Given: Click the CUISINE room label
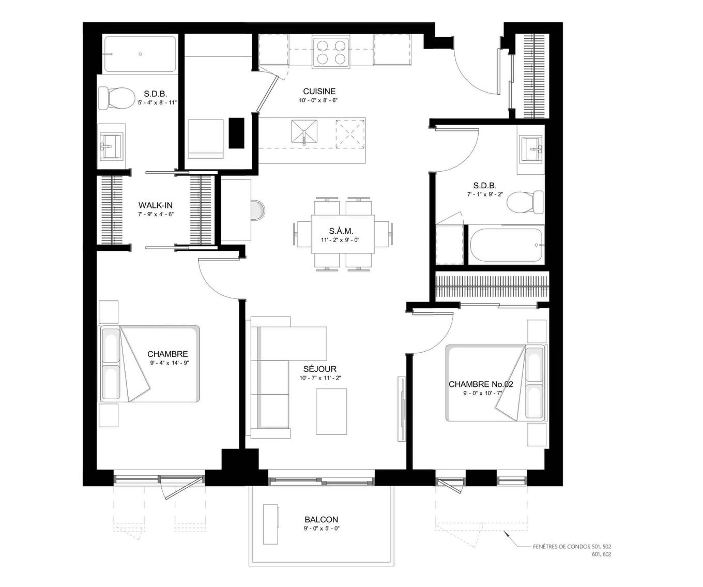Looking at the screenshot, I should click(319, 92).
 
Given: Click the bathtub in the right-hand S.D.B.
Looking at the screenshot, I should click(507, 245).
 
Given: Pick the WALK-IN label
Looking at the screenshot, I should click(155, 205).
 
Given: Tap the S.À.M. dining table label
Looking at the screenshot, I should click(341, 231).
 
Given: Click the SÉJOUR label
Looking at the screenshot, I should click(319, 369).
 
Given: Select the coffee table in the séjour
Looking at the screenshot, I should click(331, 412).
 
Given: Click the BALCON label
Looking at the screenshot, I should click(321, 519).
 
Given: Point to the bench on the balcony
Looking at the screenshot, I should click(271, 524).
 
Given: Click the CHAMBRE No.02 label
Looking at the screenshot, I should click(480, 384).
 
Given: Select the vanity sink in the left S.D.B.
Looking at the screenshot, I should click(111, 146).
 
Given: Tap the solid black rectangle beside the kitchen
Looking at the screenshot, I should click(236, 133).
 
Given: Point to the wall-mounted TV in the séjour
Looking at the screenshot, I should click(401, 409).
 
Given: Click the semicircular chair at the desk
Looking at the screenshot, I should click(258, 211).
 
